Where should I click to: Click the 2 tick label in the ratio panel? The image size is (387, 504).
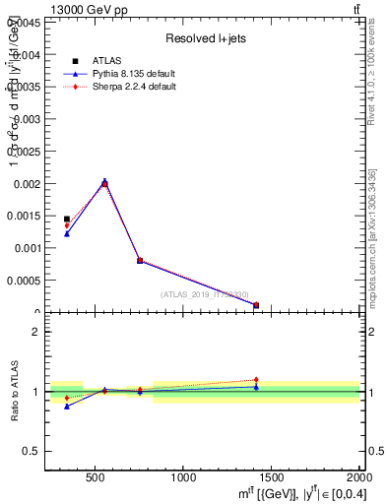tap(35, 332)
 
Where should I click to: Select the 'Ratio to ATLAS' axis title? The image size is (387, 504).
tap(15, 391)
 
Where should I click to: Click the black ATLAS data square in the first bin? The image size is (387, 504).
tap(67, 219)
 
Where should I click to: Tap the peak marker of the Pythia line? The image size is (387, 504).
tap(104, 181)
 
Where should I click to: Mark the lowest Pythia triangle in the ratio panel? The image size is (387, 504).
tap(67, 406)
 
